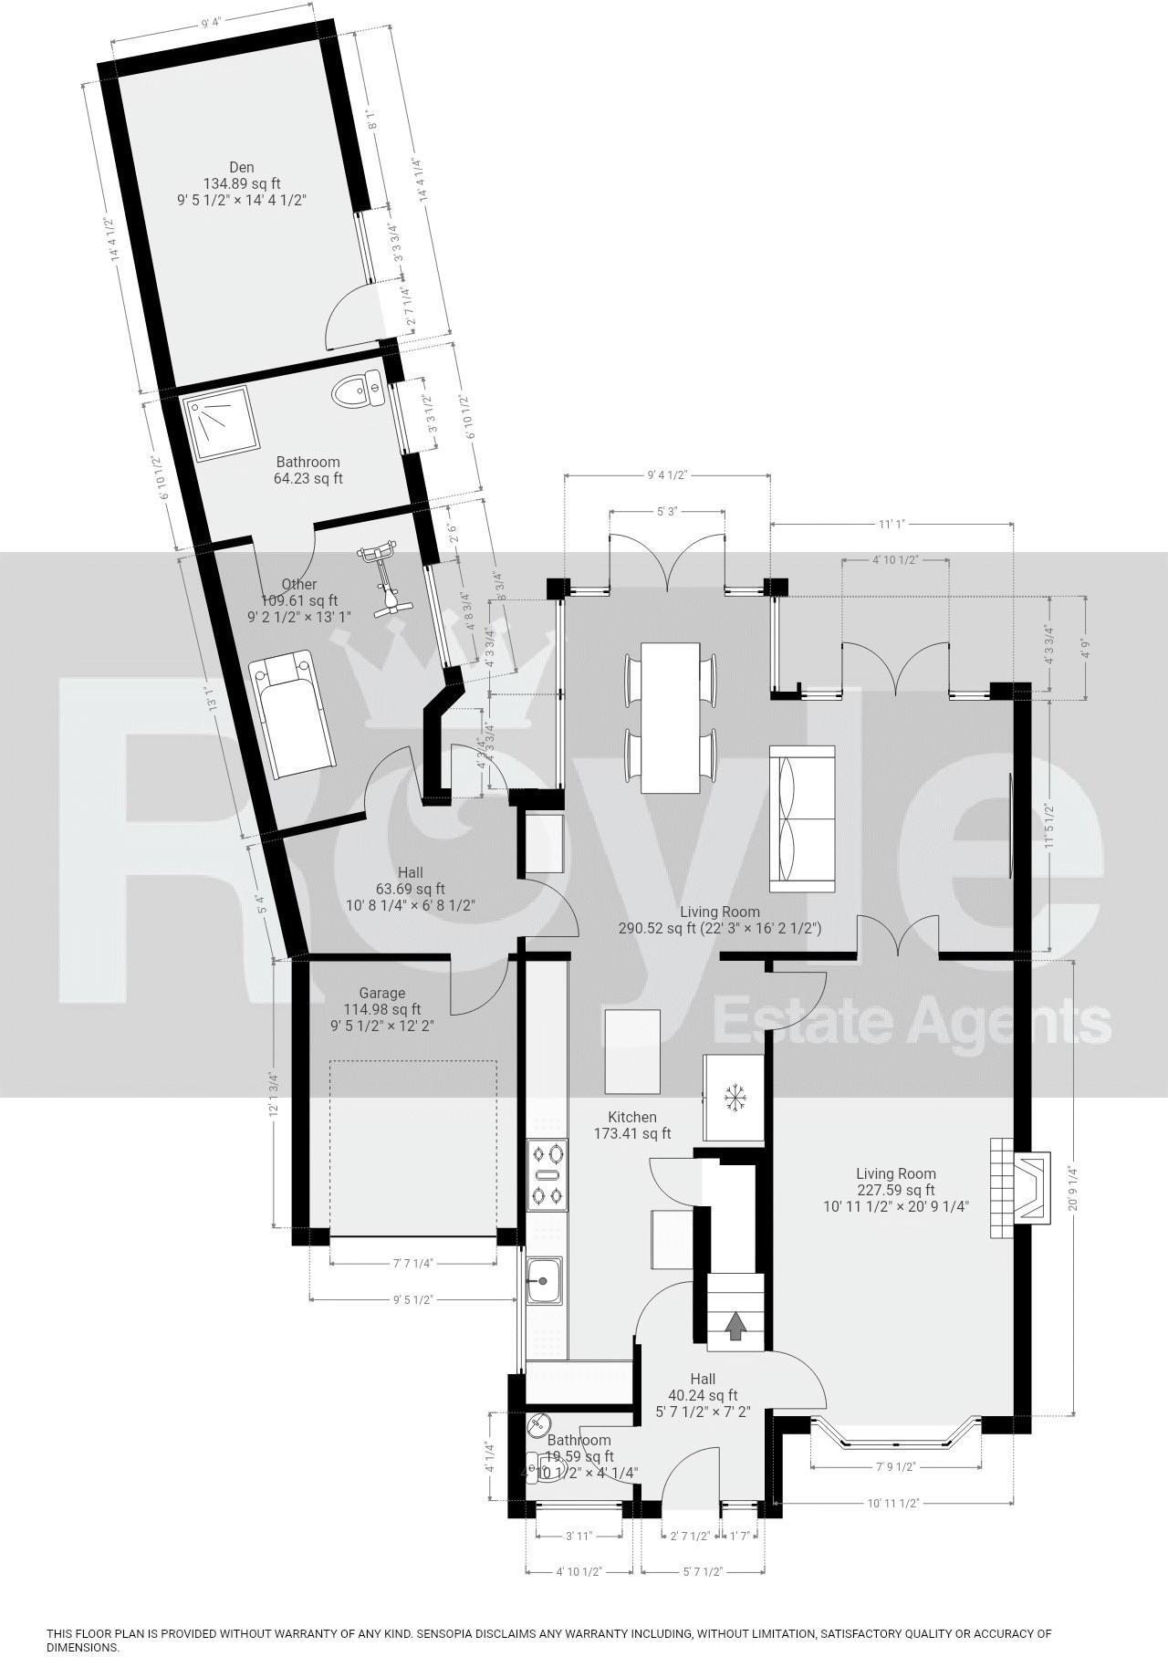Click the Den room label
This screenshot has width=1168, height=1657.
[241, 167]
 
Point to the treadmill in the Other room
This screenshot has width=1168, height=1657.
[293, 713]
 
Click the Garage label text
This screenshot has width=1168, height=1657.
[381, 993]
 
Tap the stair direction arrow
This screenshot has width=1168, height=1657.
[735, 1324]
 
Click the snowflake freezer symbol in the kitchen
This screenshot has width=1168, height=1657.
[733, 1098]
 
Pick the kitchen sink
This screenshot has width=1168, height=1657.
[545, 1280]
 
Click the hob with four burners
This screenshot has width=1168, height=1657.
[547, 1176]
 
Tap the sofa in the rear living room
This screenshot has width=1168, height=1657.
[802, 818]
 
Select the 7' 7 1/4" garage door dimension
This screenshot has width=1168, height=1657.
[412, 1264]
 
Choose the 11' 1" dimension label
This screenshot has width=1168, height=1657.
[891, 525]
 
